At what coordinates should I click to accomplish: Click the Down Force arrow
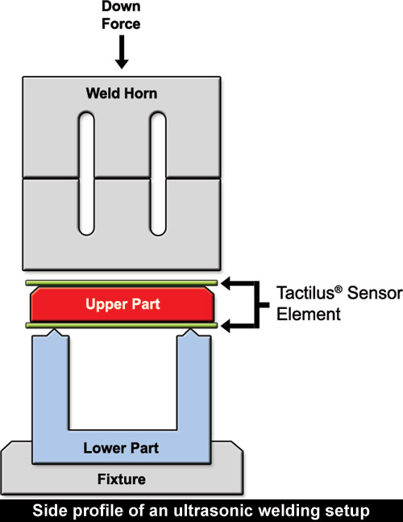(122, 52)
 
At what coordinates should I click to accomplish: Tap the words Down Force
(121, 15)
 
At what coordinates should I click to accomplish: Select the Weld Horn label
(122, 94)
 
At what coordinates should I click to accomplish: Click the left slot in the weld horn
(86, 173)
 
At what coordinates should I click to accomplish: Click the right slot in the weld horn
(158, 173)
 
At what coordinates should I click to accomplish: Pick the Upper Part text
(123, 304)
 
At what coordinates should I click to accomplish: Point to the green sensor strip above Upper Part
(122, 283)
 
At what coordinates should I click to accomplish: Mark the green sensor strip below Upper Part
(122, 325)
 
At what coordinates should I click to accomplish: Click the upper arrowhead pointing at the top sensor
(226, 284)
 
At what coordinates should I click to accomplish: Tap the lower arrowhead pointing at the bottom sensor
(226, 326)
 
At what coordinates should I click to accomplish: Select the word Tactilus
(305, 293)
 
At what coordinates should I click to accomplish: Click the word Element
(309, 314)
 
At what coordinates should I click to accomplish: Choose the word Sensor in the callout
(375, 294)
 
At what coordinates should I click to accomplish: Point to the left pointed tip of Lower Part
(54, 330)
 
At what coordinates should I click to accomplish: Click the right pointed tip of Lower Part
(190, 330)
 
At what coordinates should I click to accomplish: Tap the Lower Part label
(121, 448)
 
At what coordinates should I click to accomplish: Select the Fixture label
(122, 479)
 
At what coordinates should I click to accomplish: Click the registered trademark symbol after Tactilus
(339, 290)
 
